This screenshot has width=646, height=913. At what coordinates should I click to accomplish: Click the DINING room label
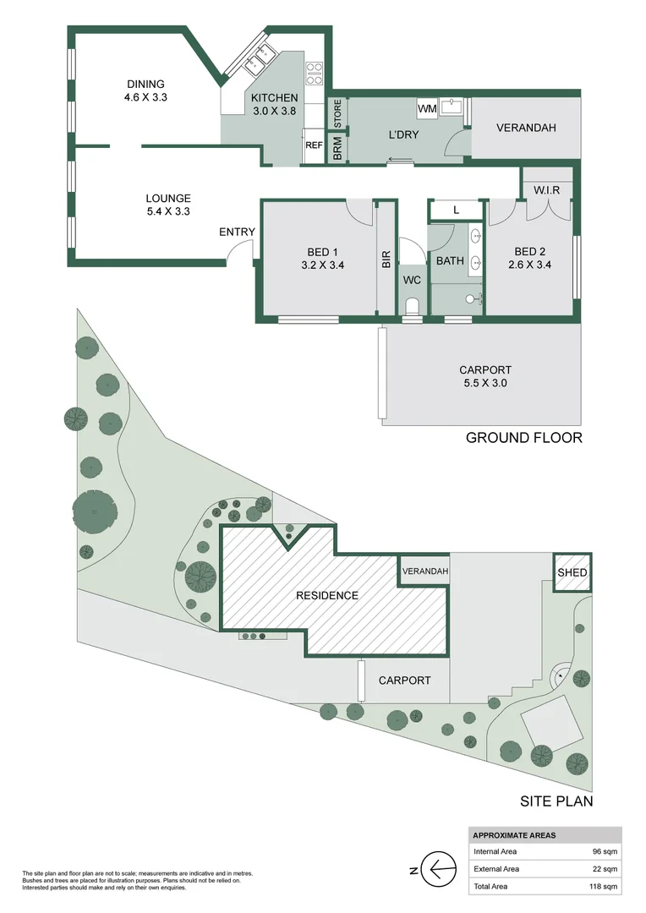click(145, 84)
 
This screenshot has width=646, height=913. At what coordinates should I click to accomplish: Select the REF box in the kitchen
click(314, 145)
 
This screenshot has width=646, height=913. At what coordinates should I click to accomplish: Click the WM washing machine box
click(426, 110)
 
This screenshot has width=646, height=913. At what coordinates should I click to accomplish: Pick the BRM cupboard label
click(337, 149)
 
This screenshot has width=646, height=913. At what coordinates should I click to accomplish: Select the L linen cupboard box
click(456, 210)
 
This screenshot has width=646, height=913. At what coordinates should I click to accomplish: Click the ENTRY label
click(237, 232)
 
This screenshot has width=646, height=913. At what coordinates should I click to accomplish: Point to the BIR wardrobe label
click(386, 260)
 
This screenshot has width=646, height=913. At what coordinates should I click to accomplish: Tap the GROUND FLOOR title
click(524, 438)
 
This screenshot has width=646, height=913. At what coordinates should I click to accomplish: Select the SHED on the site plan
click(572, 573)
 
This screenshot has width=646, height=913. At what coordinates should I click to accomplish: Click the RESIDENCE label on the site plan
click(326, 595)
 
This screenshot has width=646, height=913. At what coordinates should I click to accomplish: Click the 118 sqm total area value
click(601, 887)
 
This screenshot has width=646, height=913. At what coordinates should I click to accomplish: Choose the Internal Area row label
click(496, 851)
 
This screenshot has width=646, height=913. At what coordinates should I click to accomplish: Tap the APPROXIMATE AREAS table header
click(514, 835)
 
